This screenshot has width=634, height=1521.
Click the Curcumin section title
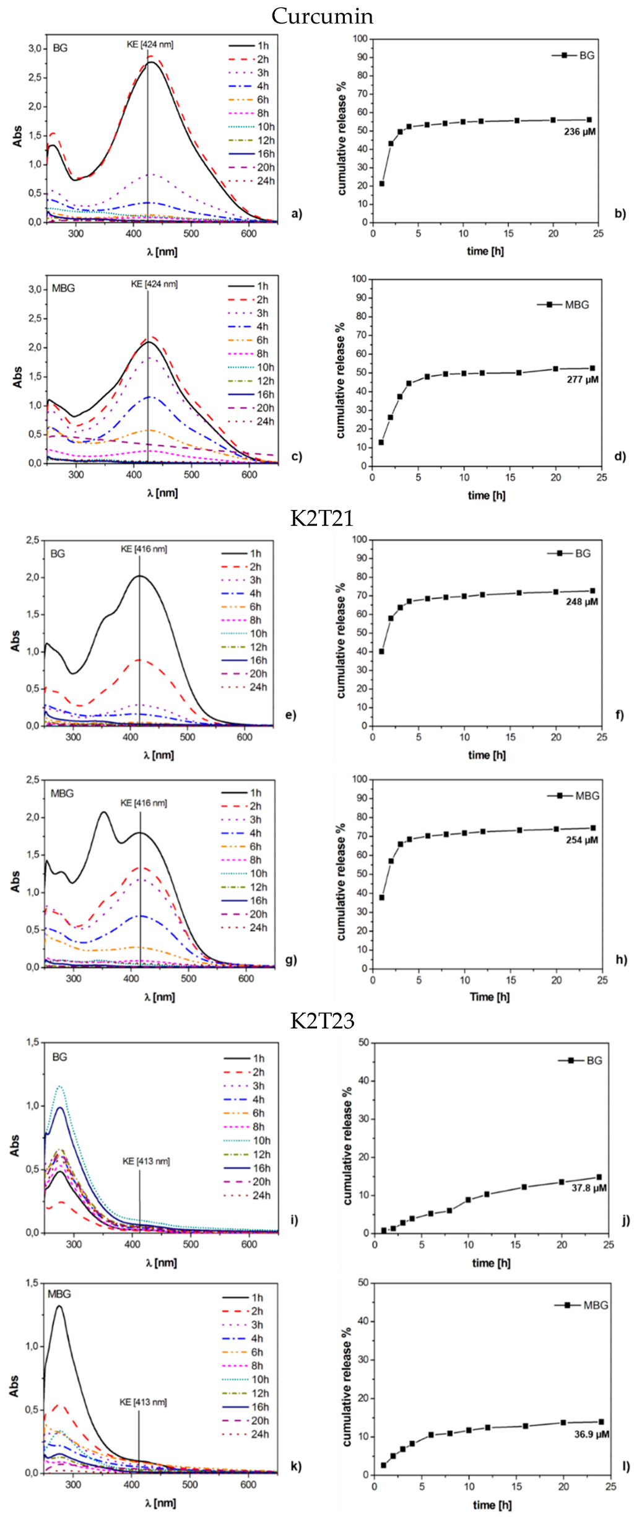click(322, 16)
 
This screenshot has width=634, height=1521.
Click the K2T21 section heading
click(322, 517)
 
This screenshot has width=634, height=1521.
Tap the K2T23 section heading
click(322, 1020)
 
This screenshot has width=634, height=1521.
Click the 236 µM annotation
click(580, 131)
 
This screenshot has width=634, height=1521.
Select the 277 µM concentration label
click(583, 379)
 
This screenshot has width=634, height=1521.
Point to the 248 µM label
click(582, 602)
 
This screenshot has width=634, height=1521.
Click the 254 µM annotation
click(582, 840)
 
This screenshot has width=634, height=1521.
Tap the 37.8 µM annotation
click(589, 1188)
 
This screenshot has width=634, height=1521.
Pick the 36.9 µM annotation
click(591, 1434)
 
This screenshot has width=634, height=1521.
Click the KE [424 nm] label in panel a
click(150, 45)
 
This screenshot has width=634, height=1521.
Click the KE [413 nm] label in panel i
click(146, 1161)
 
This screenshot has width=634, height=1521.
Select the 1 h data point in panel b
click(382, 183)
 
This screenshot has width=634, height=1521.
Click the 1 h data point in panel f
click(381, 651)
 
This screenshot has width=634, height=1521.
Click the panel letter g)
click(291, 960)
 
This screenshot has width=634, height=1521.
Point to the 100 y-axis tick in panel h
click(360, 779)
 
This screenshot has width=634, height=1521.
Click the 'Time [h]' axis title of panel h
click(489, 996)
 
